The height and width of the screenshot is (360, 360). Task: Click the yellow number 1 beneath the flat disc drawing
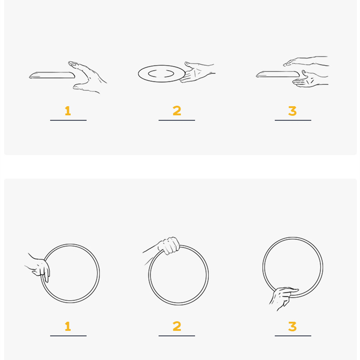[x=68, y=111]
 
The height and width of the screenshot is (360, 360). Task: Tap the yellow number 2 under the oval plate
[x=177, y=111]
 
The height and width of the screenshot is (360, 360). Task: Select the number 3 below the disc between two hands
[x=292, y=111]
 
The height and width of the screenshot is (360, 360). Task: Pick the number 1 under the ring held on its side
[x=68, y=326]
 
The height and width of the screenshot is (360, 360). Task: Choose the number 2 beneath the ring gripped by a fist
[x=177, y=326]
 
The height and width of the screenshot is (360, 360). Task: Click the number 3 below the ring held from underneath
[x=292, y=326]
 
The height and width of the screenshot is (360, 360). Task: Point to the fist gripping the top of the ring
[x=169, y=246]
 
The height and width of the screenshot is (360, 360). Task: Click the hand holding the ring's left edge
[x=39, y=267]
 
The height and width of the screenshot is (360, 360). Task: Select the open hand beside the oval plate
[x=197, y=72]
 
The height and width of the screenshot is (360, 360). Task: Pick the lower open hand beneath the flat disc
[x=309, y=79]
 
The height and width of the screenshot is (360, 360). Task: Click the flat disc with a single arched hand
[x=52, y=75]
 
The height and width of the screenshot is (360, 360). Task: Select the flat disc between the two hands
[x=278, y=74]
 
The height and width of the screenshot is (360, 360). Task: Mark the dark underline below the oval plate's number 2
[x=177, y=120]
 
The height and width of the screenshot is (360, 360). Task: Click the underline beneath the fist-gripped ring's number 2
[x=177, y=336]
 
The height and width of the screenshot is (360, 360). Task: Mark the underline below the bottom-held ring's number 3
[x=293, y=336]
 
